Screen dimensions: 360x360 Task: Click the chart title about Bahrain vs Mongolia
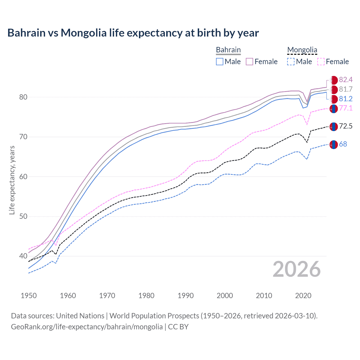[x=133, y=33]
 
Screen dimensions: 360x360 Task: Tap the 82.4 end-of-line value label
[x=346, y=80]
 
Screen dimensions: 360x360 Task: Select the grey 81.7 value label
[x=346, y=89]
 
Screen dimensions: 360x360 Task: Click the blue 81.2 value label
[x=346, y=99]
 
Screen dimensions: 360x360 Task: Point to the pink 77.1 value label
[x=346, y=108]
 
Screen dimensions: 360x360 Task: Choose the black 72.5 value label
[x=346, y=126]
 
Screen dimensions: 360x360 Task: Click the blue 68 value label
[x=343, y=144]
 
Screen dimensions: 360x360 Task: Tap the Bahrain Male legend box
[x=220, y=62]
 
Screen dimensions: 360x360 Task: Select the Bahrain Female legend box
[x=249, y=62]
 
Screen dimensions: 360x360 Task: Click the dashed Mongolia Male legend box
[x=291, y=62]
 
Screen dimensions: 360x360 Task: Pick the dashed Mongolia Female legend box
[x=321, y=62]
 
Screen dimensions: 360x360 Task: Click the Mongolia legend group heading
[x=302, y=50]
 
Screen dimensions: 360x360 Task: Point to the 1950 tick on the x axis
[x=29, y=296]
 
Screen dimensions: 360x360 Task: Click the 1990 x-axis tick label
[x=186, y=296]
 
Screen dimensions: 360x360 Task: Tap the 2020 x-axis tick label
[x=303, y=296]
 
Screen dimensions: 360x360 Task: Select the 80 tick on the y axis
[x=23, y=97]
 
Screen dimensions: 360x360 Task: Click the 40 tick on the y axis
[x=23, y=256]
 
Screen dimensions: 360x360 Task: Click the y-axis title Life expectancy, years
[x=12, y=180]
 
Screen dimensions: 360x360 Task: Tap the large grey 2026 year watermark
[x=297, y=269]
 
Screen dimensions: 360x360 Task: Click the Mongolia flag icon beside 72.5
[x=334, y=127]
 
